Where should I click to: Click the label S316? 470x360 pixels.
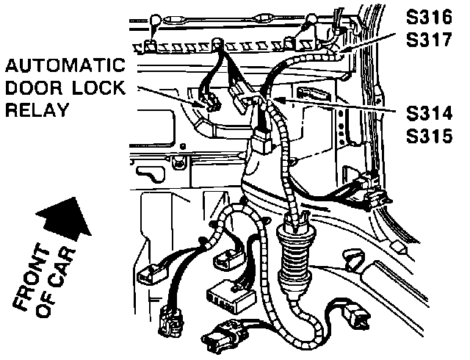(x=430, y=17)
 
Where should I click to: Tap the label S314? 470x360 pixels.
(x=430, y=113)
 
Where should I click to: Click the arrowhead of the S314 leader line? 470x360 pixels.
(x=278, y=95)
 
